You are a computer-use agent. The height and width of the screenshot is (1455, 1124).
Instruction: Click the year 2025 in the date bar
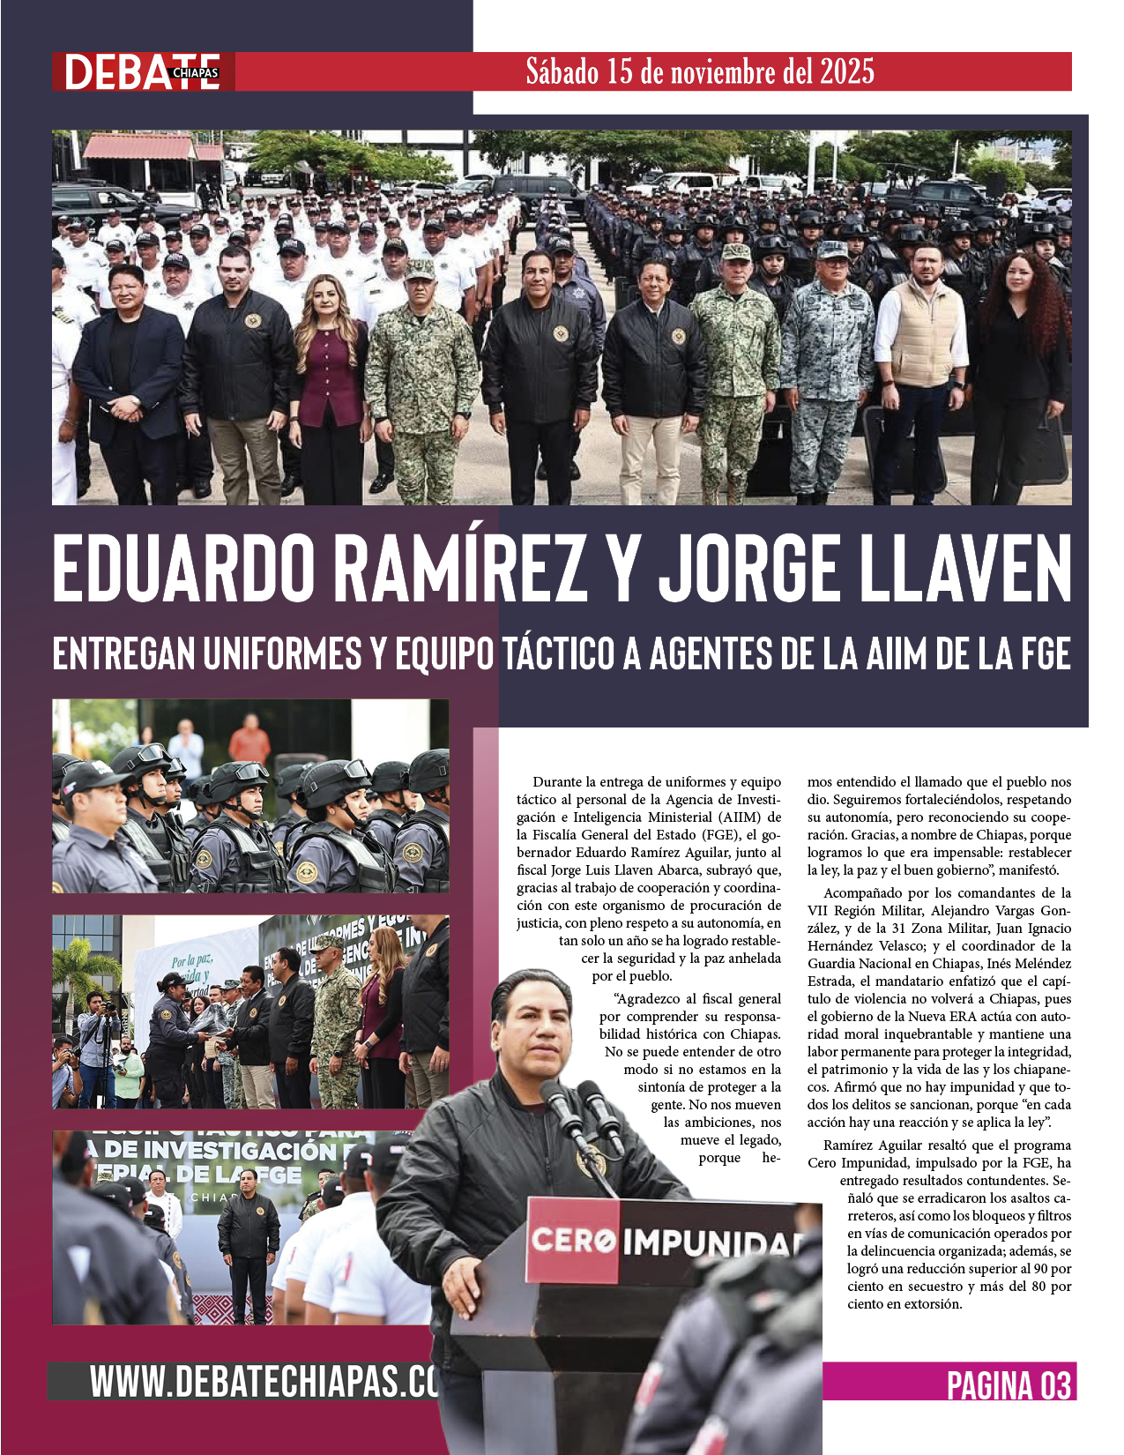846,71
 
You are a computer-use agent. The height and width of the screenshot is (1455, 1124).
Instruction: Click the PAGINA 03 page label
1009,1385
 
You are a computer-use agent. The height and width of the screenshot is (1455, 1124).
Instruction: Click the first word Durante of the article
555,782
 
